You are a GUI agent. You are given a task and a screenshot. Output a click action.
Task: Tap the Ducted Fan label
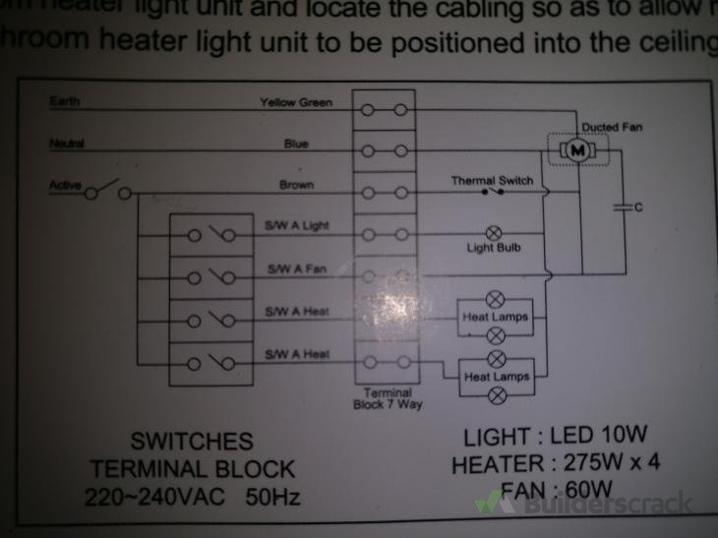pos(612,127)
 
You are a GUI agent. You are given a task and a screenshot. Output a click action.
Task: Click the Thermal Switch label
pos(492,181)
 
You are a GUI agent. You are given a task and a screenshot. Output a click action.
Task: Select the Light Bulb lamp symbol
pos(495,233)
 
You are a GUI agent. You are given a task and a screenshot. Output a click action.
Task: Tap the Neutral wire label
pos(67,144)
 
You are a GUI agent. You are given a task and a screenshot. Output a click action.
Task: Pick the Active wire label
pos(65,185)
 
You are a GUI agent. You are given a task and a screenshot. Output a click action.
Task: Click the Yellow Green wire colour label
pos(296,102)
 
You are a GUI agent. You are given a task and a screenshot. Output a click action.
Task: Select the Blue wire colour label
pos(296,144)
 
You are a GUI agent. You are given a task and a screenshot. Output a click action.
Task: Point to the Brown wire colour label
pos(296,185)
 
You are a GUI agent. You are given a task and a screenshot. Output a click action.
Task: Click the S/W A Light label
pos(296,226)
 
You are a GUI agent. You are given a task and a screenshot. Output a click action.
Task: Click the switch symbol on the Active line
pos(110,189)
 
